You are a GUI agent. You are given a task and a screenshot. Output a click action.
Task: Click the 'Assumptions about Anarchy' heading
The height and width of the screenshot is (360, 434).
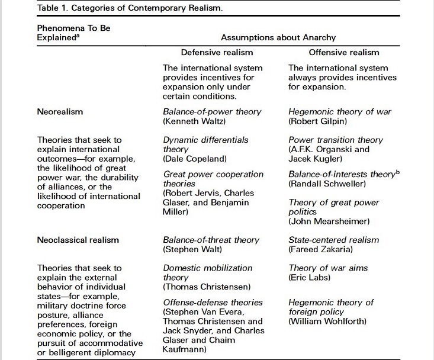275,37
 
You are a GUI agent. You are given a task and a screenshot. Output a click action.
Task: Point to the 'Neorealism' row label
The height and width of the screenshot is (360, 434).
60,111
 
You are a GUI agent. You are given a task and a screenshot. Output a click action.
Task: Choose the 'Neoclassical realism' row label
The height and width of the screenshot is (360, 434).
78,240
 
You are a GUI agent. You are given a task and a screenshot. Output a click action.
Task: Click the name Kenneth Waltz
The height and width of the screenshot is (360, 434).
197,121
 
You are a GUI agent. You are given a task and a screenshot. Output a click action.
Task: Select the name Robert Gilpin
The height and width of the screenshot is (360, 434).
319,121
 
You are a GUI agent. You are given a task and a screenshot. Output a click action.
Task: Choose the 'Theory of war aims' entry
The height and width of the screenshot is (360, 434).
328,268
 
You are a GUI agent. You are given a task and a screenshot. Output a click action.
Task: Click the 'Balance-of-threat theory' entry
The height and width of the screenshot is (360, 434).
211,240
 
